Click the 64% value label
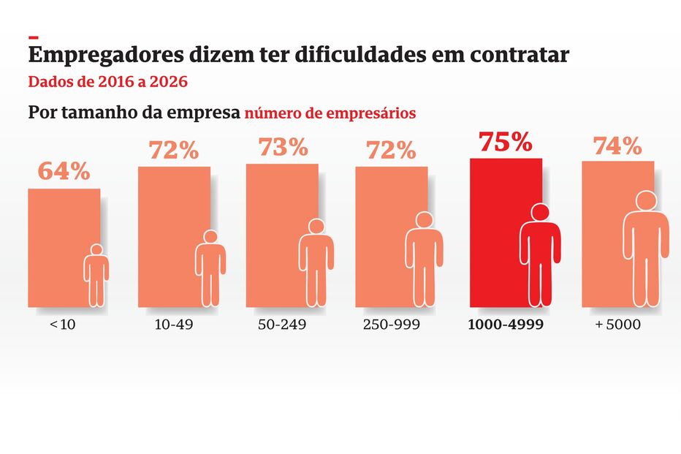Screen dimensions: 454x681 (x=64, y=172)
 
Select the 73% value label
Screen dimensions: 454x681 (x=283, y=147)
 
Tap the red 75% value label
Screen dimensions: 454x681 (x=505, y=142)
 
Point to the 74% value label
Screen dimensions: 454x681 (x=617, y=146)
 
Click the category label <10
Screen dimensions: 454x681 (x=63, y=324)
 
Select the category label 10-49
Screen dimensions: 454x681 (x=174, y=324)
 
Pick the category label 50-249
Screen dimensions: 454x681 (x=282, y=324)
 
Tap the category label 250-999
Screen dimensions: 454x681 (x=392, y=324)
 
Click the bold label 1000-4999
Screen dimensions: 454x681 (x=505, y=324)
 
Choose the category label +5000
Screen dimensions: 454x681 (x=617, y=324)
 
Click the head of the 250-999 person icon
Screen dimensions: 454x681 (x=425, y=220)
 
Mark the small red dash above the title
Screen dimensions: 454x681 (x=33, y=37)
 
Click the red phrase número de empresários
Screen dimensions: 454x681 (x=330, y=113)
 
